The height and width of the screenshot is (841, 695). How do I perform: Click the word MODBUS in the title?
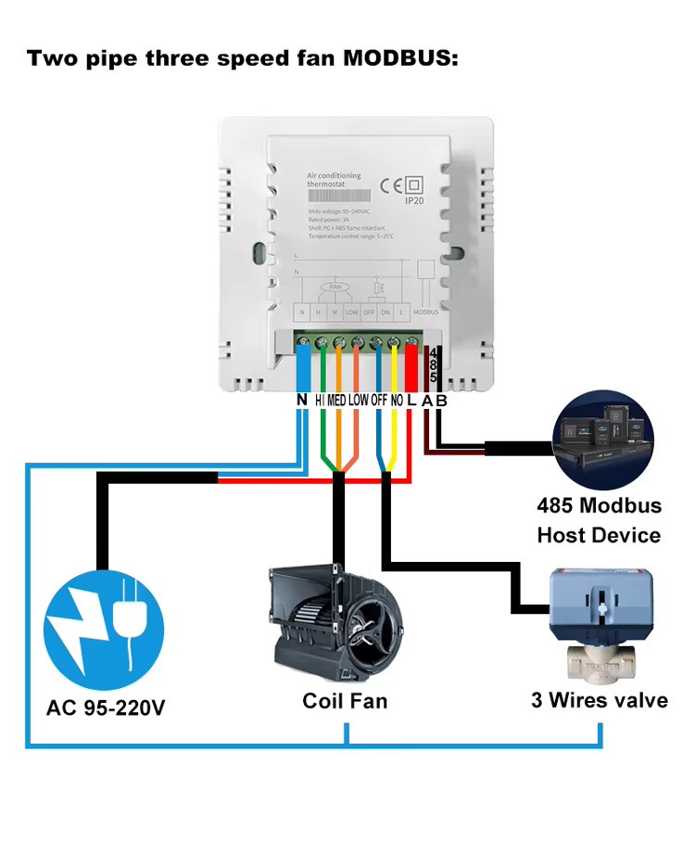[x=400, y=58]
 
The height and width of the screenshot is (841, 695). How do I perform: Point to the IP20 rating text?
[x=413, y=199]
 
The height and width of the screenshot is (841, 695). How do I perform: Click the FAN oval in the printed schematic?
[x=335, y=287]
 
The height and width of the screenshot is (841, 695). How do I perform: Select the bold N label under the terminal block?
[x=301, y=400]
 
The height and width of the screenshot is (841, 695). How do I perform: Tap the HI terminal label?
[x=320, y=400]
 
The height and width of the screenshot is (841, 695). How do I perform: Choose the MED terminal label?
[x=337, y=400]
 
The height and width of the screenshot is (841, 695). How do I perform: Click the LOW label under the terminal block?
[x=359, y=400]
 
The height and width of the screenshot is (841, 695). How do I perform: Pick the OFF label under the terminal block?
[x=379, y=400]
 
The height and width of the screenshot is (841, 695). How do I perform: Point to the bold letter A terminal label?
[x=426, y=401]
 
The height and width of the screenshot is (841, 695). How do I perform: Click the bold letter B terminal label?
[x=441, y=401]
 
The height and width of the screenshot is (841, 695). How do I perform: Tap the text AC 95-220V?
[x=106, y=709]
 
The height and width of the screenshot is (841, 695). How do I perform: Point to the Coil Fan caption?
[x=345, y=700]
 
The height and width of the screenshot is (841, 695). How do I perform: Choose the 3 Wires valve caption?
[x=599, y=699]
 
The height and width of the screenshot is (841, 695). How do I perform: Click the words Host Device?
[x=599, y=535]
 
